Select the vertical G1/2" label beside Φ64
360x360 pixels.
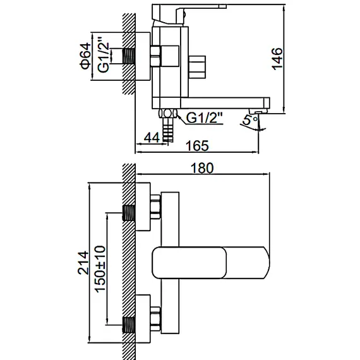pos(114,54)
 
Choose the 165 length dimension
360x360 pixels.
pos(199,147)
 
